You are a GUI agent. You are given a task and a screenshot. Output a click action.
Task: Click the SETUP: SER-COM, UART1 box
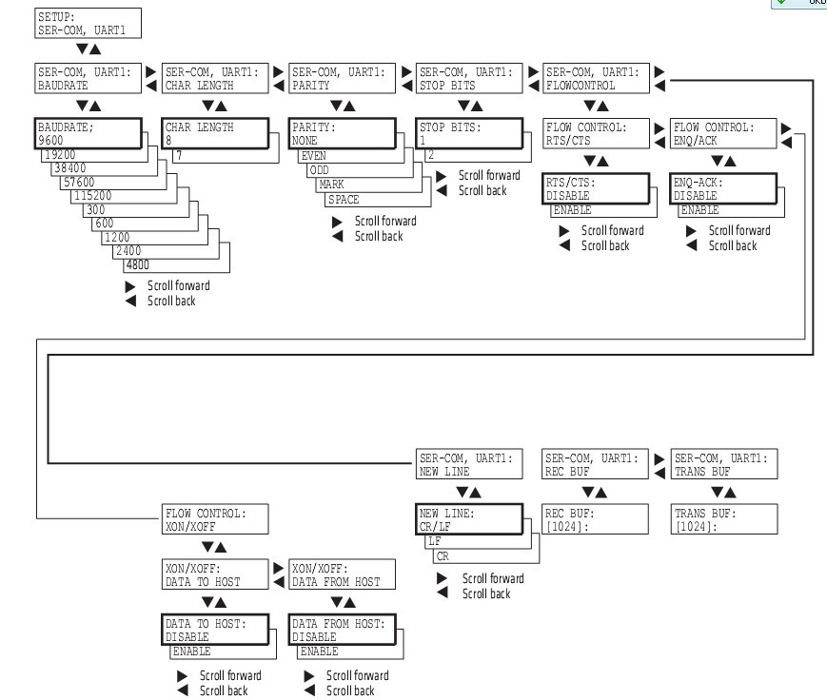click(x=87, y=23)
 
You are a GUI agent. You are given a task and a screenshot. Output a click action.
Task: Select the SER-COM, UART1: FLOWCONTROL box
click(x=595, y=78)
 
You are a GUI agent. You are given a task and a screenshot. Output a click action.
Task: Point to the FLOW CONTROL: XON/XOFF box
click(x=216, y=518)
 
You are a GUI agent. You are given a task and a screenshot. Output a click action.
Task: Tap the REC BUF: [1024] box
click(x=595, y=518)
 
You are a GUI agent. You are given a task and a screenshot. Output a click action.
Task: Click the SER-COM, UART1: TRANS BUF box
click(x=722, y=463)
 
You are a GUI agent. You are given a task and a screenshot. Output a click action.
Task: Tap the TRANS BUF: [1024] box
click(x=722, y=518)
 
